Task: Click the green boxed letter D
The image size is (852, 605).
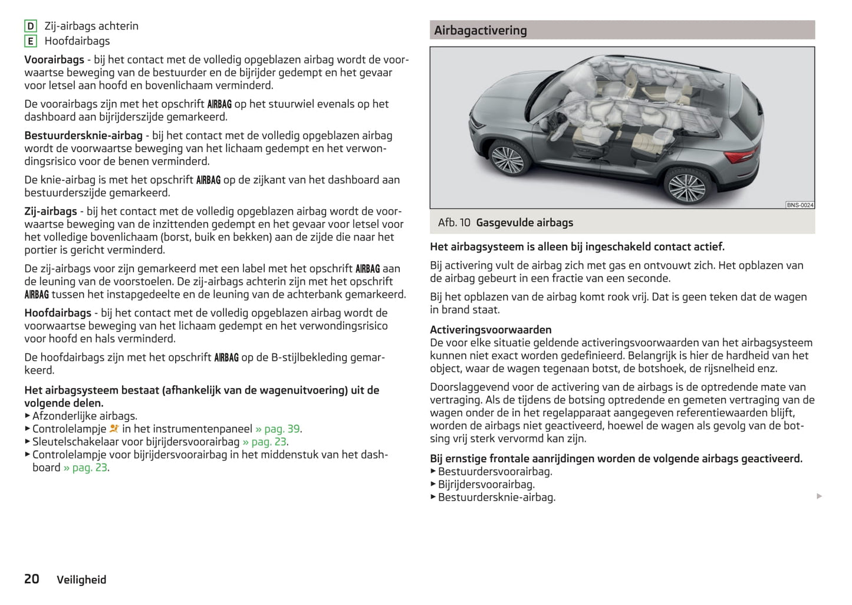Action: coord(30,26)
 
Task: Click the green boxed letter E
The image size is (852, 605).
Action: coord(30,41)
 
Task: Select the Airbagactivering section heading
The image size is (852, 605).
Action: coord(481,30)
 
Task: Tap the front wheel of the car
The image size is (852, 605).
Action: coord(507,159)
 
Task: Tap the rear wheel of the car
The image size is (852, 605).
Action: coord(685,186)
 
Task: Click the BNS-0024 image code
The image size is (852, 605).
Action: coord(800,205)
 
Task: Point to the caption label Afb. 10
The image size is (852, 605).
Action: coord(454,222)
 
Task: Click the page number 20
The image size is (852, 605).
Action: coord(32,579)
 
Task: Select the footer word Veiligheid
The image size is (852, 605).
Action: coord(81,580)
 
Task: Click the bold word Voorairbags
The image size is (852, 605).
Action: coord(54,60)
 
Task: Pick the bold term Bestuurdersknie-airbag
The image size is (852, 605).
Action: coord(83,136)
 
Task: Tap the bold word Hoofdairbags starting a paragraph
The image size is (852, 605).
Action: coord(58,313)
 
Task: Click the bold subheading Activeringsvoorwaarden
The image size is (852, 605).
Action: coord(491,330)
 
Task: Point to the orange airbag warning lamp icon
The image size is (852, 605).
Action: coord(114,429)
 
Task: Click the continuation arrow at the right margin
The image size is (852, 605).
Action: coord(819,497)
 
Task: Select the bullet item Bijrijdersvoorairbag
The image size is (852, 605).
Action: coord(486,484)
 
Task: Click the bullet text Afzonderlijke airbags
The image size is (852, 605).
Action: coord(84,416)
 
